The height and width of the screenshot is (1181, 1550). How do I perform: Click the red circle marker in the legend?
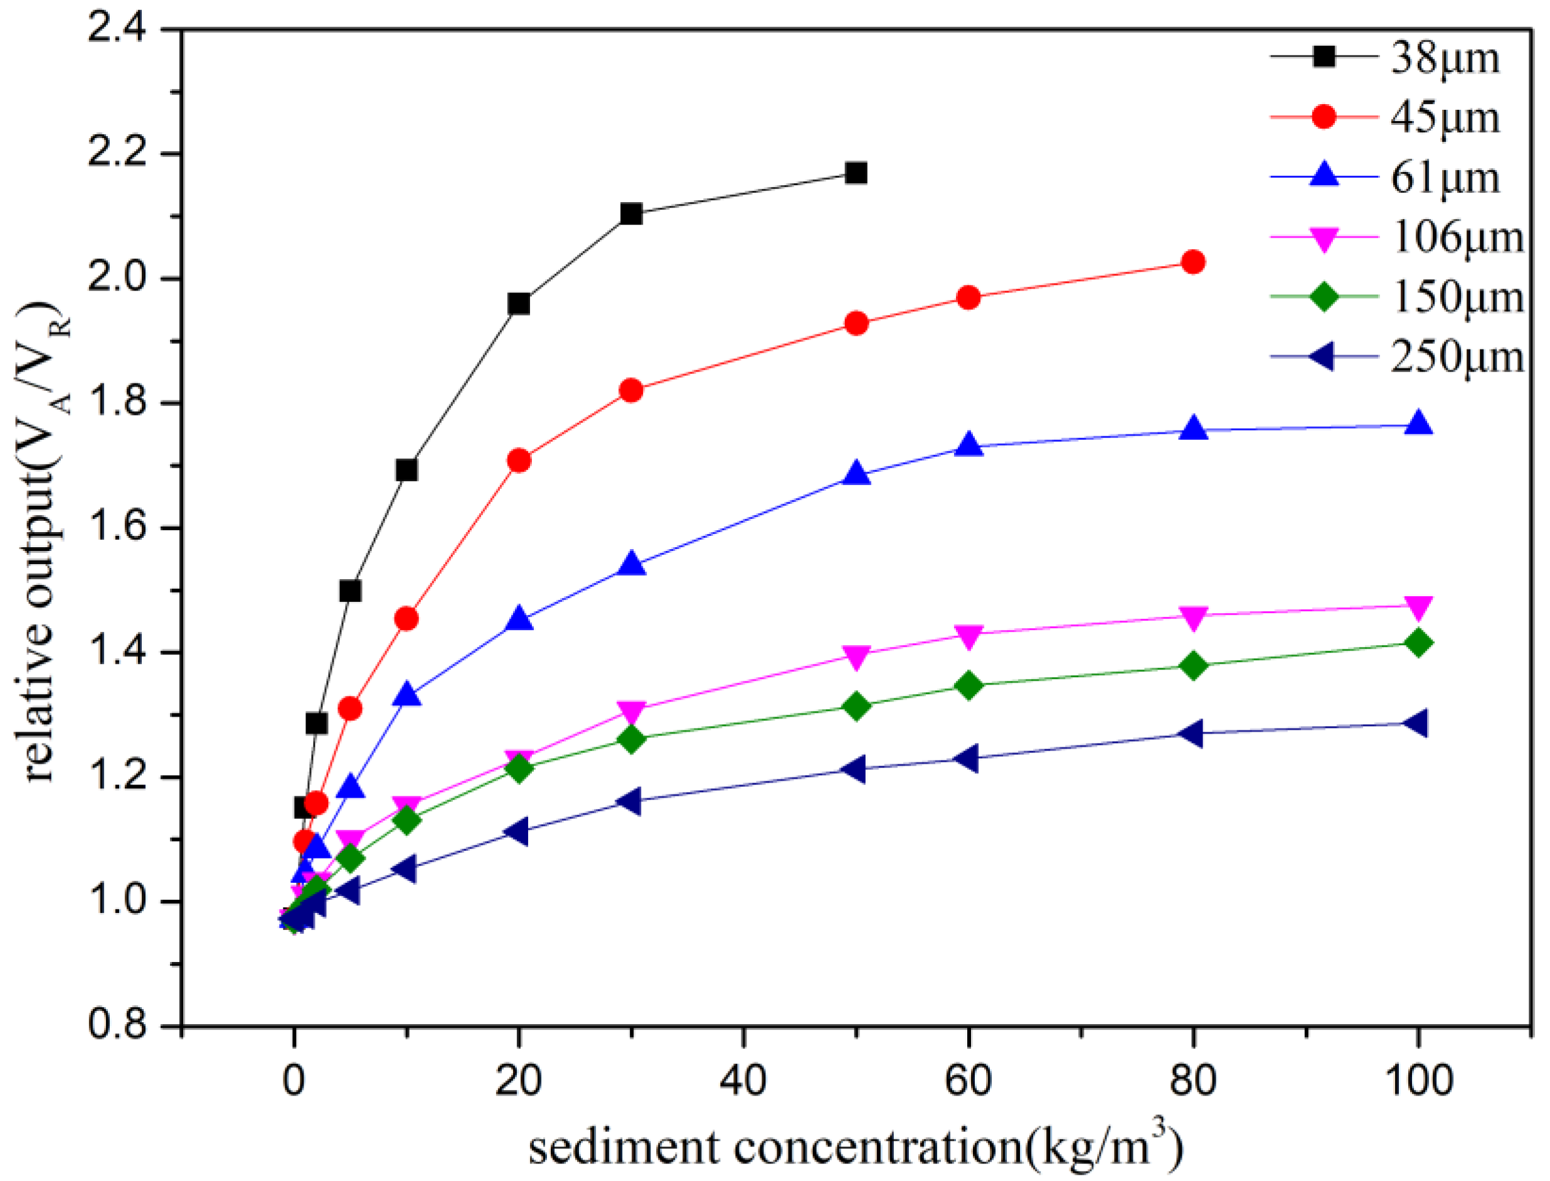[1324, 117]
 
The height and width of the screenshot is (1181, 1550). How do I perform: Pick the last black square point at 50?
[856, 173]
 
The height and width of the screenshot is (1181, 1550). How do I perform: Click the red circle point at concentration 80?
[1193, 262]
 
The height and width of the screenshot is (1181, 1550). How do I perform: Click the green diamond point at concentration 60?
[969, 685]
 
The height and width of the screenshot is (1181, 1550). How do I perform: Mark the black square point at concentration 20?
[519, 304]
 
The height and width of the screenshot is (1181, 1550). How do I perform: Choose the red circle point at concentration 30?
[631, 390]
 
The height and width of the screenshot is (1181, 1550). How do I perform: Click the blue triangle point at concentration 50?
[856, 473]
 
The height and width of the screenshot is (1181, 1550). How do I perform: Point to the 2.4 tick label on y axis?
[116, 29]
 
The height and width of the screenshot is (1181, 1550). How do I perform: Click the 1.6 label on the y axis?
[116, 527]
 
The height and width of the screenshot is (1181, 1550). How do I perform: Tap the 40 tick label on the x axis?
[743, 1080]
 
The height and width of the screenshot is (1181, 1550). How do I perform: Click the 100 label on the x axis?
[1418, 1080]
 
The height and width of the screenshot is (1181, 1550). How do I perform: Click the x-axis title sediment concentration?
[856, 1146]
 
